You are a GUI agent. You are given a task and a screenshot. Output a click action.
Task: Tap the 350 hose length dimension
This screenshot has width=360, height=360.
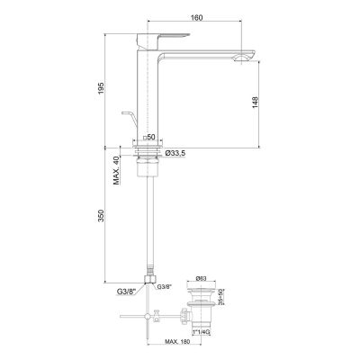pos(105,217)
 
